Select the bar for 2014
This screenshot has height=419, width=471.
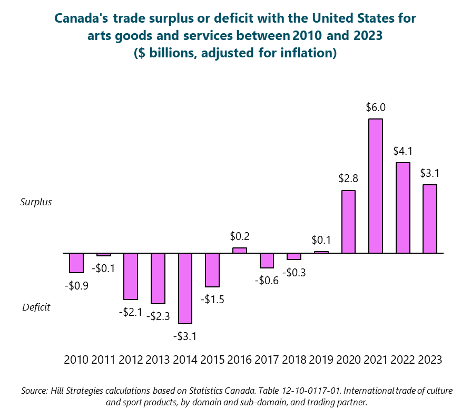(185, 288)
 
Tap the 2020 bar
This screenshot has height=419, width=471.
(348, 222)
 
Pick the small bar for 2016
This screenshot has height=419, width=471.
(240, 251)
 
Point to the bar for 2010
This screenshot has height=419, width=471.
(76, 263)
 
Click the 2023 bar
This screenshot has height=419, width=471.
(430, 218)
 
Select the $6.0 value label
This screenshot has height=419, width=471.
(376, 107)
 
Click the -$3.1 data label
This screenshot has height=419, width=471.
(185, 336)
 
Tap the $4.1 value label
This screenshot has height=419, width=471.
(403, 151)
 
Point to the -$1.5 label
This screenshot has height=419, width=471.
(212, 299)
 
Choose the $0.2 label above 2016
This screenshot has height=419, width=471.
(240, 236)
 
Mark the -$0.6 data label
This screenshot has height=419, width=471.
(267, 281)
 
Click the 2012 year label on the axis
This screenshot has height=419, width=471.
(131, 360)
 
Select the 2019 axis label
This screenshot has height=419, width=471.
(321, 360)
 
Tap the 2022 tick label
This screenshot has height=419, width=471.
(403, 360)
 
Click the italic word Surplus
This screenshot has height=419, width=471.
(36, 202)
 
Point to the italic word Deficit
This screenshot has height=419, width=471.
(36, 307)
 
